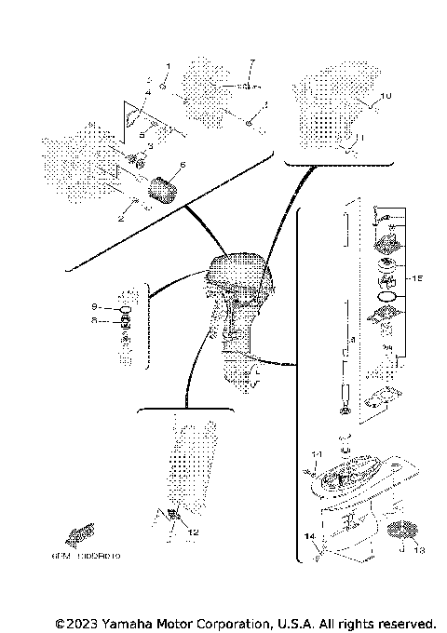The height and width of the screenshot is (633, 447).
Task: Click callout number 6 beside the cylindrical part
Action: [183, 166]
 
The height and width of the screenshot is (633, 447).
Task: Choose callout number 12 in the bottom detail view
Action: [194, 532]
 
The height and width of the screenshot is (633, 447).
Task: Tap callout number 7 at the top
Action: [251, 61]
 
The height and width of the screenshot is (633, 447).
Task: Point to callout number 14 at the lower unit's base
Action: [307, 537]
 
